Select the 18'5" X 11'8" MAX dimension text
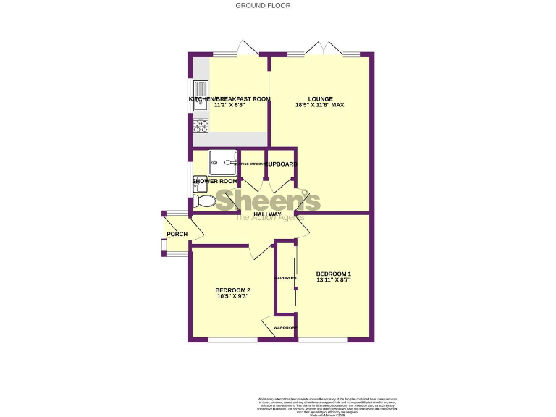pyautogui.click(x=319, y=106)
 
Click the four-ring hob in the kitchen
pyautogui.click(x=201, y=126)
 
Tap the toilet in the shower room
pyautogui.click(x=205, y=201)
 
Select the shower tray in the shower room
pyautogui.click(x=223, y=162)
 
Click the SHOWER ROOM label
pyautogui.click(x=215, y=181)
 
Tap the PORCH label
pyautogui.click(x=177, y=234)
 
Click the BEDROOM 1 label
pyautogui.click(x=334, y=273)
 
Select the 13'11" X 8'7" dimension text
pyautogui.click(x=334, y=279)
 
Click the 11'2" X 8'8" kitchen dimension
pyautogui.click(x=229, y=106)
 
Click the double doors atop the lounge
pyautogui.click(x=324, y=49)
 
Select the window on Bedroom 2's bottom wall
pyautogui.click(x=232, y=340)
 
